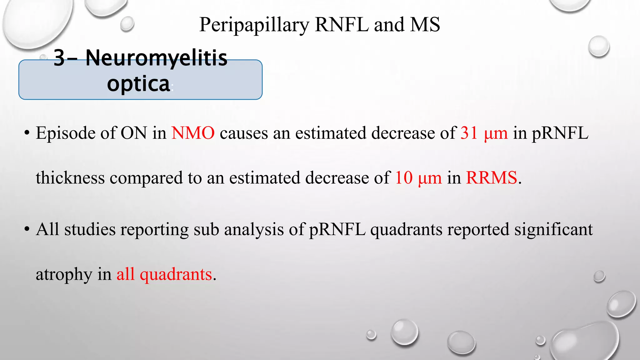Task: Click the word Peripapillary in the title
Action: tap(254, 25)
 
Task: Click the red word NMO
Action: tap(193, 133)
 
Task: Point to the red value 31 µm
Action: tap(484, 133)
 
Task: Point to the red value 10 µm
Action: tap(418, 178)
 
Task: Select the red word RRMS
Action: tap(491, 178)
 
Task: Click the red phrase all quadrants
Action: tap(164, 274)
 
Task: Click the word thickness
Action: tap(70, 178)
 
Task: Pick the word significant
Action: tap(553, 229)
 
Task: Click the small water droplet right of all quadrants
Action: tap(599, 277)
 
